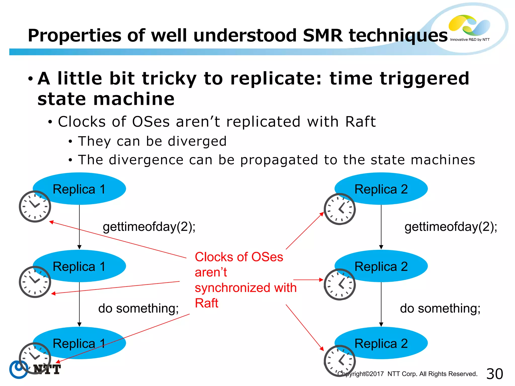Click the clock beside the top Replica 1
[x=35, y=206]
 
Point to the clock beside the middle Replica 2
[x=339, y=284]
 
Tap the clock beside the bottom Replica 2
[x=339, y=361]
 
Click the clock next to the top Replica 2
[x=339, y=209]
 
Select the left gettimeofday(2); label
[x=149, y=227]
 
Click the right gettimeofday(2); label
[x=451, y=227]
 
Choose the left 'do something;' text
[x=138, y=308]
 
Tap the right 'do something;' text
[x=440, y=308]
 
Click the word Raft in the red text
[x=206, y=303]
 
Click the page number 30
[x=494, y=374]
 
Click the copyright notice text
[x=407, y=374]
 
